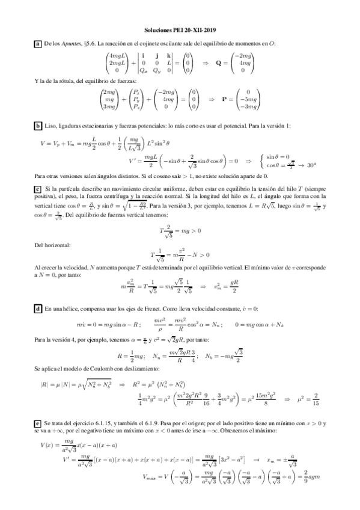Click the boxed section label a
(38, 43)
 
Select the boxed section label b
(38, 125)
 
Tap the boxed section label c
(38, 189)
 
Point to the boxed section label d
(38, 308)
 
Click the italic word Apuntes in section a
(72, 43)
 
